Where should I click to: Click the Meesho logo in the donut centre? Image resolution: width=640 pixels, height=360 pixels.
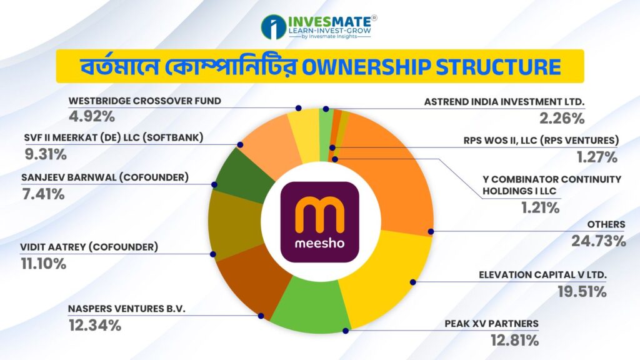coord(320,222)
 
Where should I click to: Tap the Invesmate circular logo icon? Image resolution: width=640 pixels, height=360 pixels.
coord(274,27)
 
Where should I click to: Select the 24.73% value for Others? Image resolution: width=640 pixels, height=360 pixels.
coord(598,241)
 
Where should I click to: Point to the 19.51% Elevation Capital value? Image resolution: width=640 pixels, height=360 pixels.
coord(582,292)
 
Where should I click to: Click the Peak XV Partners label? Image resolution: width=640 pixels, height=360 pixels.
coord(491,324)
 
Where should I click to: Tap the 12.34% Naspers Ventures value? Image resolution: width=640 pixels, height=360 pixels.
coord(95,325)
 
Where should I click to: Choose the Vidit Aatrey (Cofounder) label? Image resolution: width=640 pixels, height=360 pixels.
coord(89,247)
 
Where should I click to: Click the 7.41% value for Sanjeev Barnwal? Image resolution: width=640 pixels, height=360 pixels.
coord(43,194)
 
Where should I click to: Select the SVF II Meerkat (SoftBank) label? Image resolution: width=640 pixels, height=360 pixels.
coord(114,137)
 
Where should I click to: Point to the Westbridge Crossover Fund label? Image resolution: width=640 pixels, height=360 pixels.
coord(145,101)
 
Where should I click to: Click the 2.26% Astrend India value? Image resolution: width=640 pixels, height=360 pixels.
coord(562,118)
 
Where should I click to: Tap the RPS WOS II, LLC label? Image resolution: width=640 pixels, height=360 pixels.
coord(541,141)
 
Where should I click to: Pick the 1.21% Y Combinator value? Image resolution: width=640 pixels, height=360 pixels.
coord(540,207)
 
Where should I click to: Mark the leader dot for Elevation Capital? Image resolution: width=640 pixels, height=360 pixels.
coord(413,282)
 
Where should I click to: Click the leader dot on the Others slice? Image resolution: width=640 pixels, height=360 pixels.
coord(431,232)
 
